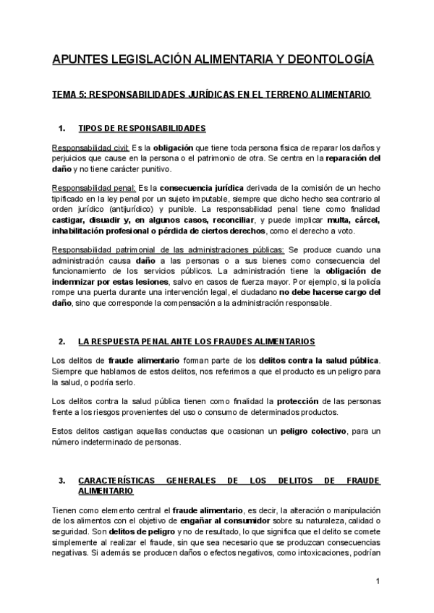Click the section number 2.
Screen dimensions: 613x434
[62, 340]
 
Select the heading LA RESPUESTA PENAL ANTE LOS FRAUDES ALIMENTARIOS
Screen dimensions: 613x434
[196, 340]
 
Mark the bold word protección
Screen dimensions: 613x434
[303, 400]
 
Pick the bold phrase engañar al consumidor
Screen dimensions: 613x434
[210, 521]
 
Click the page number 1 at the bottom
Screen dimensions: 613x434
[378, 582]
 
